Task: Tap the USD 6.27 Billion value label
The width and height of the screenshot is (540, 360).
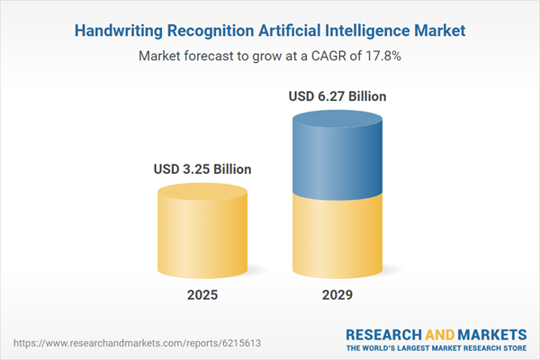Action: click(x=337, y=95)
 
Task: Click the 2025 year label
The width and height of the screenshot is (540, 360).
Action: click(x=202, y=295)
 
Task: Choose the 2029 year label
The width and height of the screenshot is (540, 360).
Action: click(x=337, y=295)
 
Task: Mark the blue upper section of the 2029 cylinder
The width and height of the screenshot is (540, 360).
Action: click(x=337, y=157)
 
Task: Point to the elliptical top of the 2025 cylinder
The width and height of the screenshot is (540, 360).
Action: click(x=202, y=193)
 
